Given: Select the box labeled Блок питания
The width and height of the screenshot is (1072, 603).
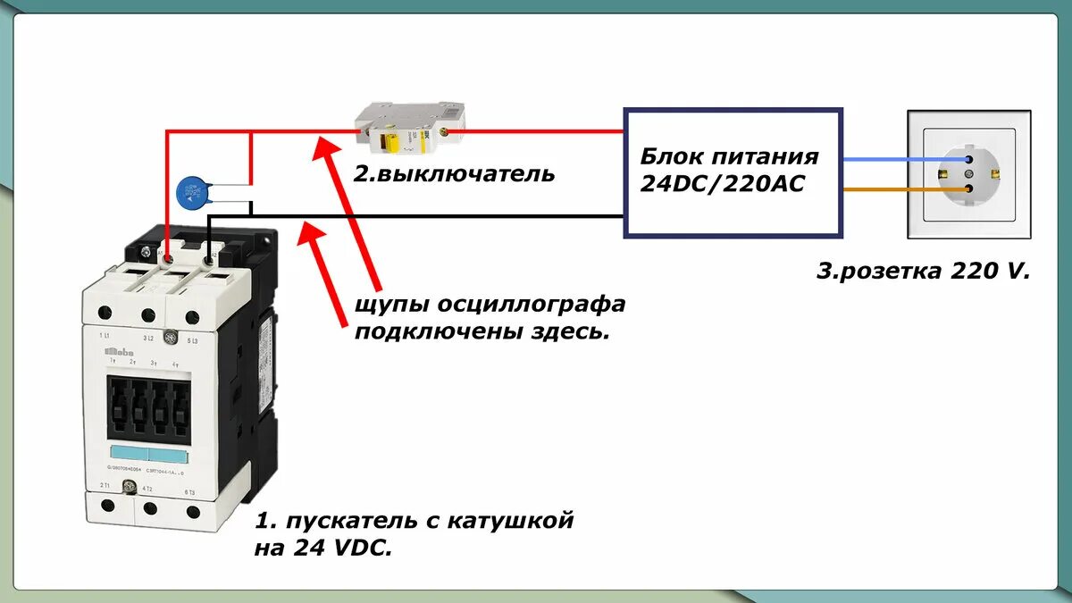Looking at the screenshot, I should [733, 173].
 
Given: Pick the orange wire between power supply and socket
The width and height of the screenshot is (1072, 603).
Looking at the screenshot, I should [893, 189].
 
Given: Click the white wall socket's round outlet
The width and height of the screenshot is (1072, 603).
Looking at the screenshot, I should [969, 175].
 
